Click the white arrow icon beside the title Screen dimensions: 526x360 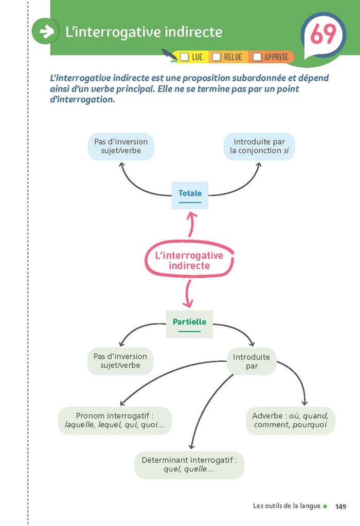[x=46, y=32]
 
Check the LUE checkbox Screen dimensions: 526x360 [x=185, y=57]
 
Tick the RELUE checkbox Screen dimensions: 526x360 [x=217, y=57]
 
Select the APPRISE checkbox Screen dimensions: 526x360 [x=257, y=57]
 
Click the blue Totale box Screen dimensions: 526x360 [x=190, y=195]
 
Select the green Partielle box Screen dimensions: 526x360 [x=189, y=323]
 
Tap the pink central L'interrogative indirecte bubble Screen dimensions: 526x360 [x=189, y=260]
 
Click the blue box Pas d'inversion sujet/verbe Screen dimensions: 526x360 [x=121, y=147]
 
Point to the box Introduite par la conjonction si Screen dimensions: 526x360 [x=259, y=147]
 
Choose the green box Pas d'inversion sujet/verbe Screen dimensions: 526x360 [x=120, y=361]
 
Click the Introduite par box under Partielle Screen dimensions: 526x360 [x=251, y=361]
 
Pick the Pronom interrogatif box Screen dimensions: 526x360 [x=115, y=421]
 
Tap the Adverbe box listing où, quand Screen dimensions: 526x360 [x=290, y=420]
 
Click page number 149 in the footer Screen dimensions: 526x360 [x=340, y=506]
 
